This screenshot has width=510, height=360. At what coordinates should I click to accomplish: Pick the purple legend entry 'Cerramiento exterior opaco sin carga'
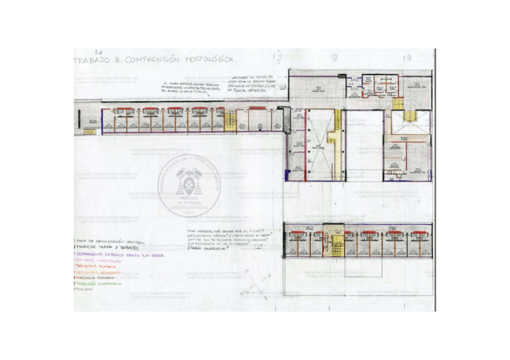118,254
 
